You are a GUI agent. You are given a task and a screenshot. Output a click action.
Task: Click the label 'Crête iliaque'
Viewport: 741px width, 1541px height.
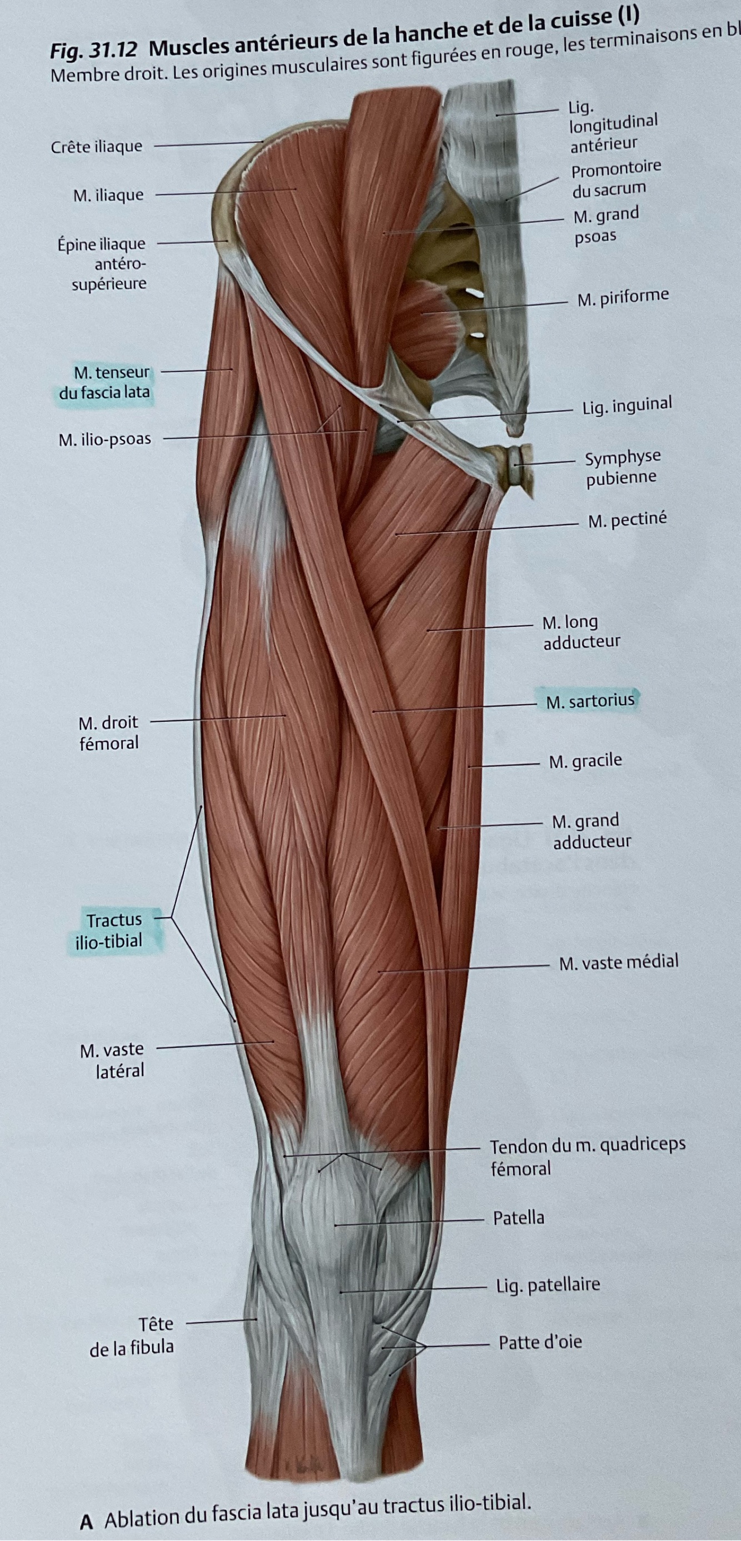[96, 147]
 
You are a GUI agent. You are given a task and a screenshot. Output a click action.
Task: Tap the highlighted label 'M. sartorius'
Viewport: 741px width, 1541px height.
[590, 700]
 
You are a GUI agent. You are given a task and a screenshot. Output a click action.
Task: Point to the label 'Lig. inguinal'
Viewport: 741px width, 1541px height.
[627, 406]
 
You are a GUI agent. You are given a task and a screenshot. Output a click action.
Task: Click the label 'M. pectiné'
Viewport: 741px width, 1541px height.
[627, 520]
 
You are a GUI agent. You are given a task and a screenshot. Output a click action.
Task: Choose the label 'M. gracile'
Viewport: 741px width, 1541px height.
[585, 761]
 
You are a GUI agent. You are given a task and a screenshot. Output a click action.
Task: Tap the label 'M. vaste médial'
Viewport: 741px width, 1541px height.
[618, 962]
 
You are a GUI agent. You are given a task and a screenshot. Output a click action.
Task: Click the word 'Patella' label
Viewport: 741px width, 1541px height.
[518, 1218]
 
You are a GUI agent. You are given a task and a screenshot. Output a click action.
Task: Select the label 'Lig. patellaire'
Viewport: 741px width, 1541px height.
[547, 1284]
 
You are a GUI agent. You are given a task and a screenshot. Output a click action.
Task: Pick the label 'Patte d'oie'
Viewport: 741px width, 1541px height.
[539, 1343]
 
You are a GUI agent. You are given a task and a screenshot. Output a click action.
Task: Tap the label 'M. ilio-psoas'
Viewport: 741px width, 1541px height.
[104, 440]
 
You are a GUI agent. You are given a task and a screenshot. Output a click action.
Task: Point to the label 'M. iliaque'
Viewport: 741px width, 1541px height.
[108, 195]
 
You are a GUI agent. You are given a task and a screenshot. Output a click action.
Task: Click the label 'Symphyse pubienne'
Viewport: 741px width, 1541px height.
[622, 467]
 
